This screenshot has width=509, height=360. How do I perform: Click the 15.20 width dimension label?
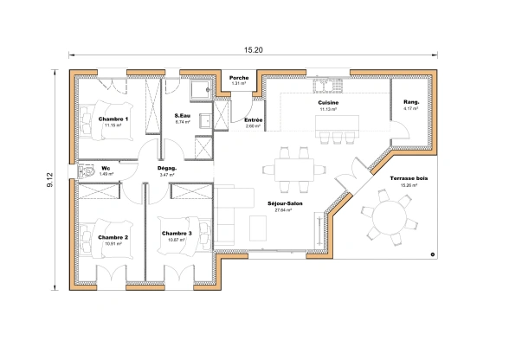[254, 50]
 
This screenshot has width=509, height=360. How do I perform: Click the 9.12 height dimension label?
[49, 178]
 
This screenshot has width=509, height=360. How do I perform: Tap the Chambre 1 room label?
[113, 119]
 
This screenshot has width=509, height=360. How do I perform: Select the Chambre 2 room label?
[113, 237]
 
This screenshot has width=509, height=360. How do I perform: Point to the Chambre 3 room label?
[177, 233]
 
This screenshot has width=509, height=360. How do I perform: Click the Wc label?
[106, 168]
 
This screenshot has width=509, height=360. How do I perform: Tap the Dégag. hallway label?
[167, 168]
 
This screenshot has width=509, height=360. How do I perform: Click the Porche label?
[239, 78]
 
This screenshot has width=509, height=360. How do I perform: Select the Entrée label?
[254, 120]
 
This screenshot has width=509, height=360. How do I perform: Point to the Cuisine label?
[328, 103]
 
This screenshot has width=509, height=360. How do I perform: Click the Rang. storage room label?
[411, 103]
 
